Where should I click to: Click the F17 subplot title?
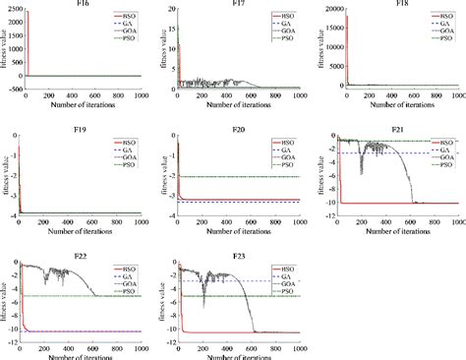(x=238, y=4)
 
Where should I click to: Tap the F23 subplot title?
(x=238, y=250)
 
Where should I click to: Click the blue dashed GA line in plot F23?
(x=246, y=281)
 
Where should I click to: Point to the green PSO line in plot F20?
(x=246, y=177)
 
